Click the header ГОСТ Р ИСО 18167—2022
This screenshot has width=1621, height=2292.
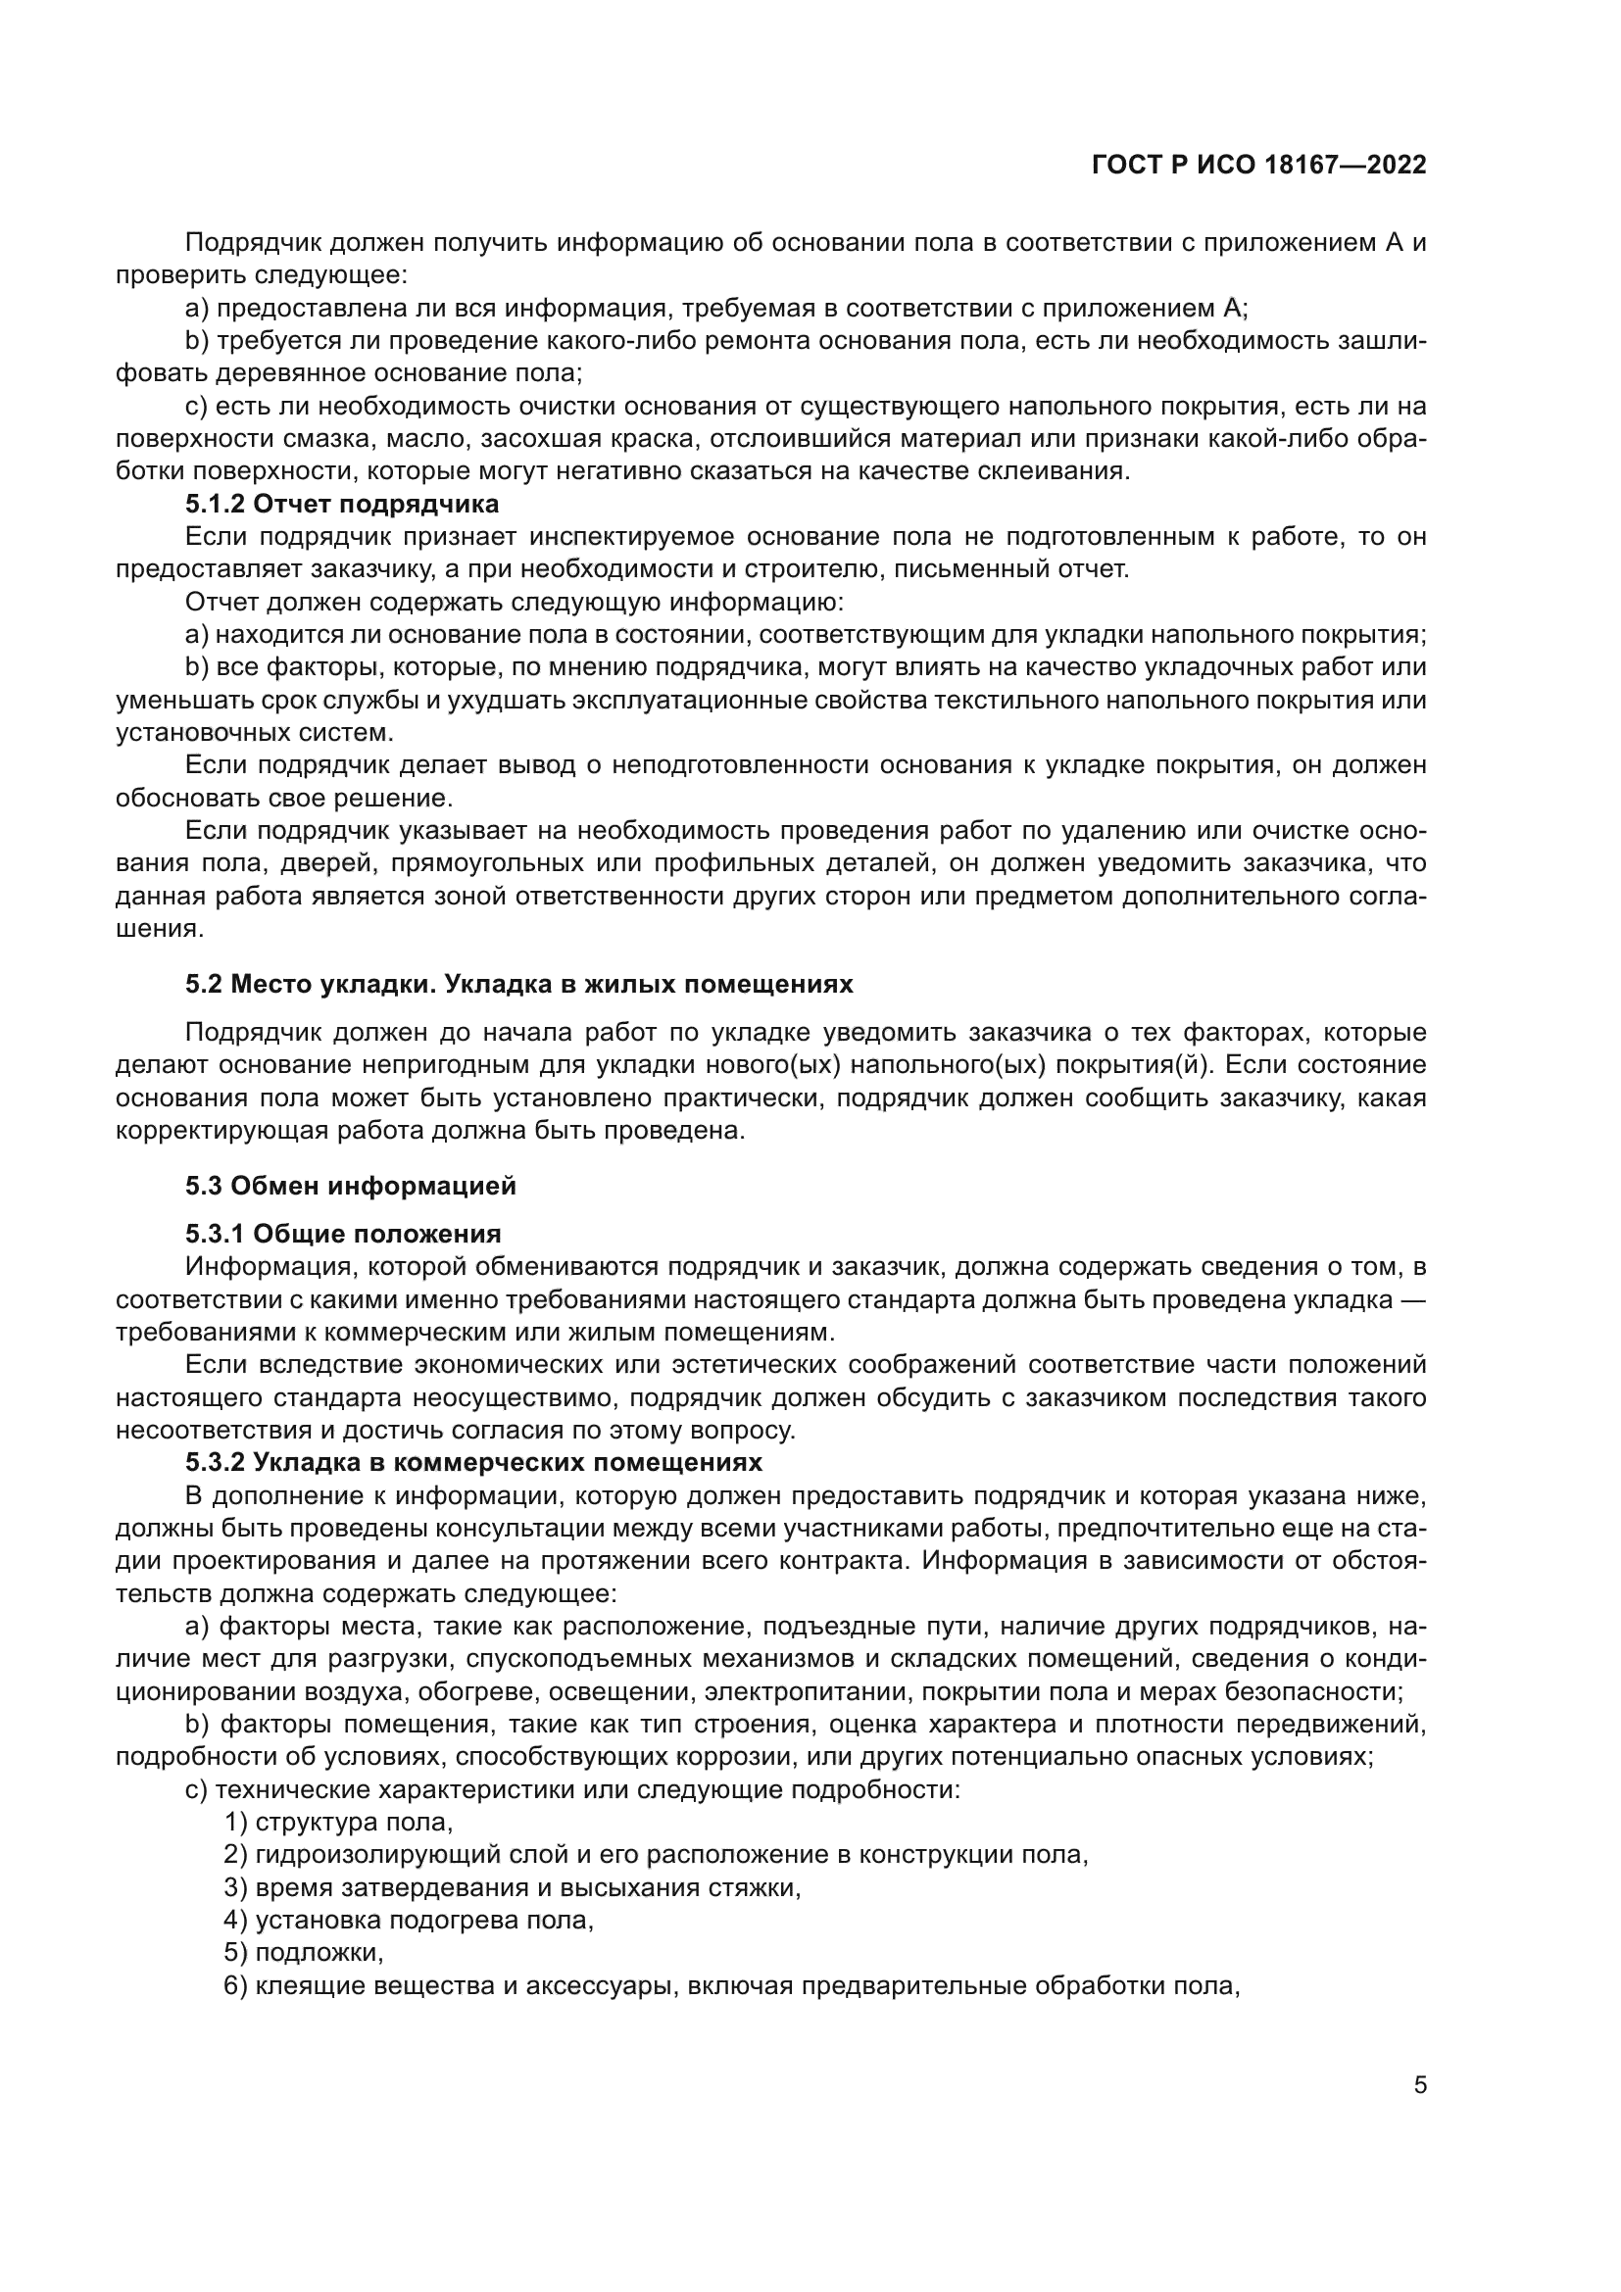(x=1258, y=165)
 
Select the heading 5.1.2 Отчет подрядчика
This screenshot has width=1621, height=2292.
(x=341, y=504)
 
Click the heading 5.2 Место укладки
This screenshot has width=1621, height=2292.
(x=519, y=984)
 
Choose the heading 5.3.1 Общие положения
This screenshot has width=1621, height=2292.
(x=342, y=1235)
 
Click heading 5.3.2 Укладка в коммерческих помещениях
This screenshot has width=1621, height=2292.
(x=473, y=1462)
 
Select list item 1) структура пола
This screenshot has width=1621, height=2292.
(x=338, y=1822)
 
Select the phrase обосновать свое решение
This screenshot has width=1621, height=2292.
(x=284, y=799)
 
